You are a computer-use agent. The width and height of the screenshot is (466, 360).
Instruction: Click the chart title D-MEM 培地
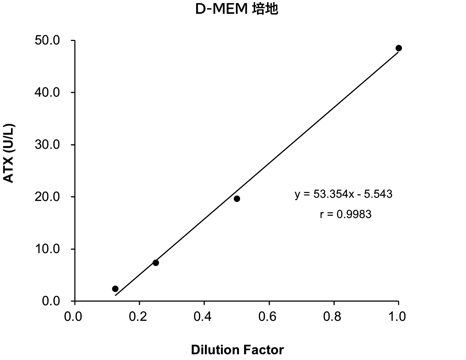pyautogui.click(x=237, y=10)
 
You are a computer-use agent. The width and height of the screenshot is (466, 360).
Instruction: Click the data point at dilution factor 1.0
pyautogui.click(x=399, y=48)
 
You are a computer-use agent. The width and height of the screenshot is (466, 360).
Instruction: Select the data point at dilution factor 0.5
pyautogui.click(x=237, y=199)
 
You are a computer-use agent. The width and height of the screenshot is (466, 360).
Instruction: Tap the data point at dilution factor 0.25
pyautogui.click(x=156, y=263)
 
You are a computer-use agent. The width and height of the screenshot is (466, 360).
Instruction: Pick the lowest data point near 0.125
pyautogui.click(x=115, y=289)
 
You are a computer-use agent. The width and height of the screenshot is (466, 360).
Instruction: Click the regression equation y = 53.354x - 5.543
pyautogui.click(x=343, y=194)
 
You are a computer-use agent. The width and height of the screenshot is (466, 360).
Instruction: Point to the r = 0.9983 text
pyautogui.click(x=345, y=214)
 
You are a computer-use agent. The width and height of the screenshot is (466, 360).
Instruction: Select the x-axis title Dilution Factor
pyautogui.click(x=237, y=350)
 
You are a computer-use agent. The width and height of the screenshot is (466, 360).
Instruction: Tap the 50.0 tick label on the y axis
pyautogui.click(x=47, y=41)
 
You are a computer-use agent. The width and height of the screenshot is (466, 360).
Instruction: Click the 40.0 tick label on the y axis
pyautogui.click(x=47, y=93)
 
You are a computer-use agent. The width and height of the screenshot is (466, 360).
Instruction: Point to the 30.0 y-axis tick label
pyautogui.click(x=47, y=145)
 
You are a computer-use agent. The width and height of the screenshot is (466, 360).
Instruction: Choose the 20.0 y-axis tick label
pyautogui.click(x=47, y=197)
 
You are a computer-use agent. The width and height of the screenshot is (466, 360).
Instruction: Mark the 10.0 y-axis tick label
pyautogui.click(x=47, y=249)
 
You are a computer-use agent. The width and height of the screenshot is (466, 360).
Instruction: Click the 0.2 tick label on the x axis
pyautogui.click(x=139, y=317)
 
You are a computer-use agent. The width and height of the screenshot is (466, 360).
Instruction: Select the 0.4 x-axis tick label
pyautogui.click(x=204, y=317)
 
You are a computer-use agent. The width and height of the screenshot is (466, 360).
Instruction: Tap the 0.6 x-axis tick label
pyautogui.click(x=269, y=317)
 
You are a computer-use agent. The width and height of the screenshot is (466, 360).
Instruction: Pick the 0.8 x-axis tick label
pyautogui.click(x=334, y=317)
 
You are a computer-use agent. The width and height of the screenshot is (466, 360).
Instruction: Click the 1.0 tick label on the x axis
pyautogui.click(x=398, y=317)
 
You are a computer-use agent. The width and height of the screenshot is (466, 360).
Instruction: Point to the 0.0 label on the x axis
pyautogui.click(x=75, y=317)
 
